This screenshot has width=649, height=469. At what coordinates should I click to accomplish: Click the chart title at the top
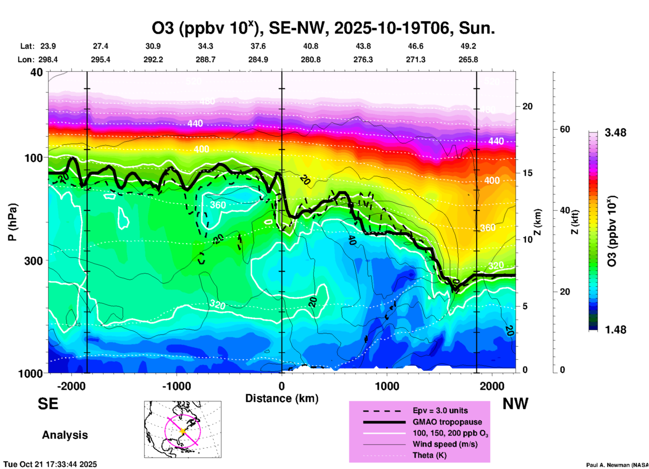click(x=323, y=28)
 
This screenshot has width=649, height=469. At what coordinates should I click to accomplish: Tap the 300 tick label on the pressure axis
click(x=33, y=261)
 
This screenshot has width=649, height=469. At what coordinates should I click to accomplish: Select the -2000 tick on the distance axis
click(x=71, y=386)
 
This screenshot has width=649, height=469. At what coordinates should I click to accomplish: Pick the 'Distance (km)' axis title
click(x=282, y=398)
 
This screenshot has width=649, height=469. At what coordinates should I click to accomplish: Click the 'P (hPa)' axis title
click(x=12, y=222)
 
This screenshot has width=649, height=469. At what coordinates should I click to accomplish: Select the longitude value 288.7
click(x=205, y=60)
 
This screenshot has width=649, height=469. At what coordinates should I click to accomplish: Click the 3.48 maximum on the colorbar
click(x=615, y=133)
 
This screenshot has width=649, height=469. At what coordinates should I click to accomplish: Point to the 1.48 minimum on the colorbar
click(x=615, y=329)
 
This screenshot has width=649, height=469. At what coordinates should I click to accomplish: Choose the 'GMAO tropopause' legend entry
click(x=447, y=422)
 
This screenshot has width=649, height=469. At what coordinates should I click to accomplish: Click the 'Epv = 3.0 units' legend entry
click(x=440, y=410)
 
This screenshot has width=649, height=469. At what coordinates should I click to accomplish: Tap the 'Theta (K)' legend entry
click(x=429, y=455)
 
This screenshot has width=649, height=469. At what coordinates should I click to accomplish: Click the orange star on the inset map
click(x=183, y=431)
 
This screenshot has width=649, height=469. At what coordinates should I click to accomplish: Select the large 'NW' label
click(x=515, y=404)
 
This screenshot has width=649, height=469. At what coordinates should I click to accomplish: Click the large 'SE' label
click(x=48, y=404)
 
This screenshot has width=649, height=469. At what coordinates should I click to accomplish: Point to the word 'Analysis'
click(x=65, y=435)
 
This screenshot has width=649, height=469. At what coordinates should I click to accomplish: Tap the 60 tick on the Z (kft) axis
click(x=565, y=129)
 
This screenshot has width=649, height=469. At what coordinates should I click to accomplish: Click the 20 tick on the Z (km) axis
click(x=527, y=106)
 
